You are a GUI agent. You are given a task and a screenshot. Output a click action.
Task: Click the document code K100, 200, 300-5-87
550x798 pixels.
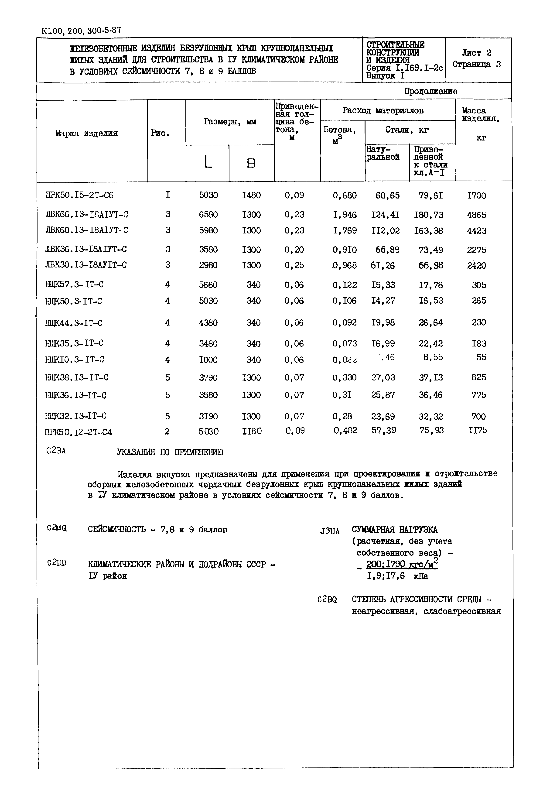[81, 31]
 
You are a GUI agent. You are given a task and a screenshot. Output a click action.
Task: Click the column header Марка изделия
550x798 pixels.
[86, 134]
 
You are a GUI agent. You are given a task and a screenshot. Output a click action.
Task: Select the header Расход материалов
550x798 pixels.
[383, 111]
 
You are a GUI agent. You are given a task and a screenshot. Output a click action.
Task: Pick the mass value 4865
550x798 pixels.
[477, 215]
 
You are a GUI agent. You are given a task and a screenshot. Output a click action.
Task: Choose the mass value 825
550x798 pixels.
[479, 377]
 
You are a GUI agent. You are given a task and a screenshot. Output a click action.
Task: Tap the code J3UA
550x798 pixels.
[330, 531]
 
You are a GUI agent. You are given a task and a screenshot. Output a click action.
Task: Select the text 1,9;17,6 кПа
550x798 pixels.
[397, 576]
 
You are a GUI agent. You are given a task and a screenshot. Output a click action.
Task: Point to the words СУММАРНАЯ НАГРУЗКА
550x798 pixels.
[395, 529]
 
